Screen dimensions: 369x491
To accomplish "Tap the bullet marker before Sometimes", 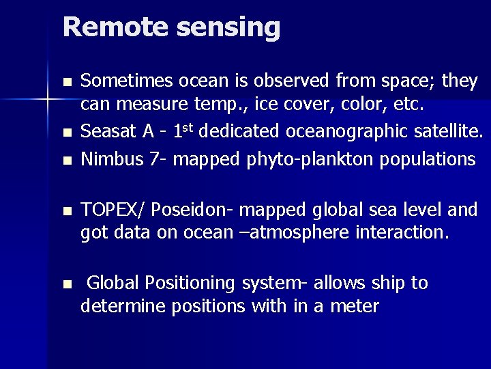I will [x=66, y=83].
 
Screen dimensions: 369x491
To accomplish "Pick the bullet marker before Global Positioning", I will [x=66, y=284].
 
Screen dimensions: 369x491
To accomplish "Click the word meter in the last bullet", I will [x=354, y=307].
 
